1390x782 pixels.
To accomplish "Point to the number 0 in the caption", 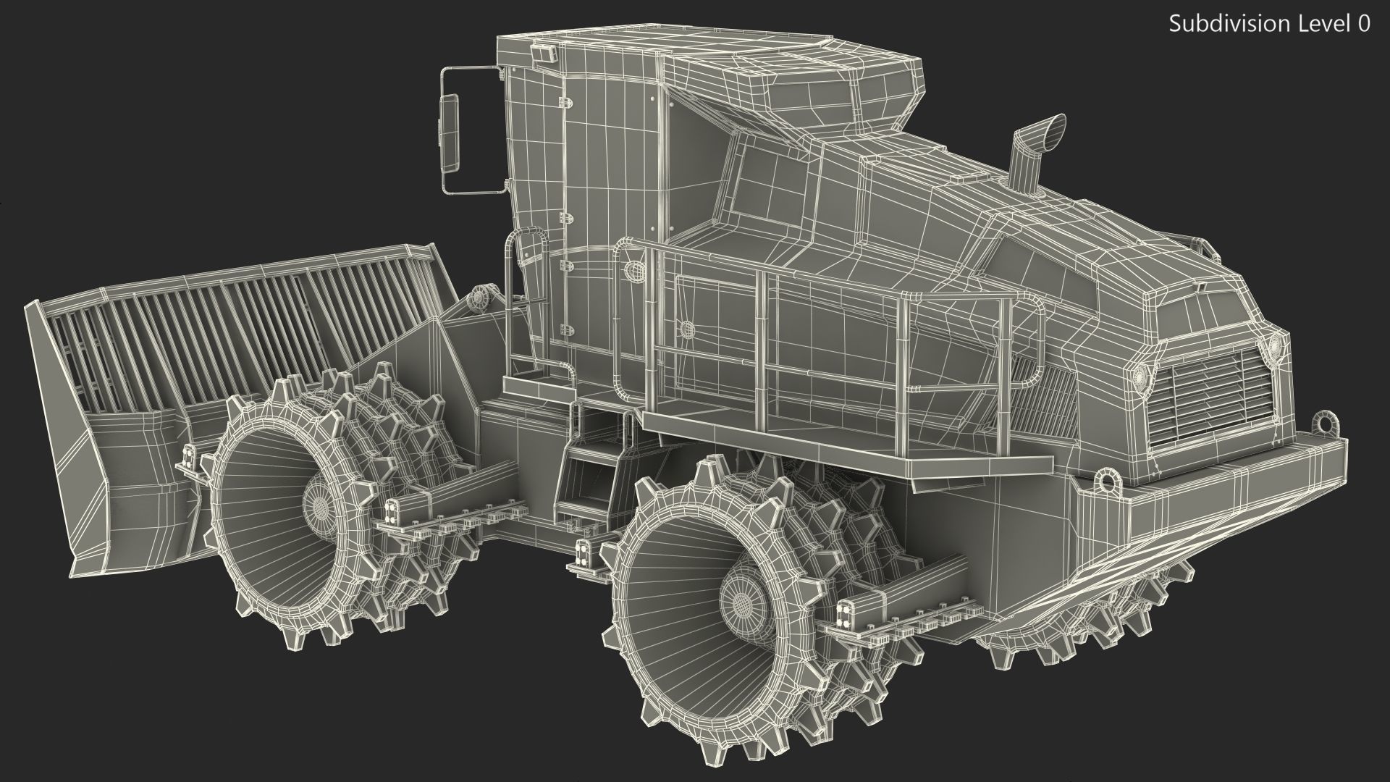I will (x=1363, y=24).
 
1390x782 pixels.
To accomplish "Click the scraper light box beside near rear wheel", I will (x=845, y=614).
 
